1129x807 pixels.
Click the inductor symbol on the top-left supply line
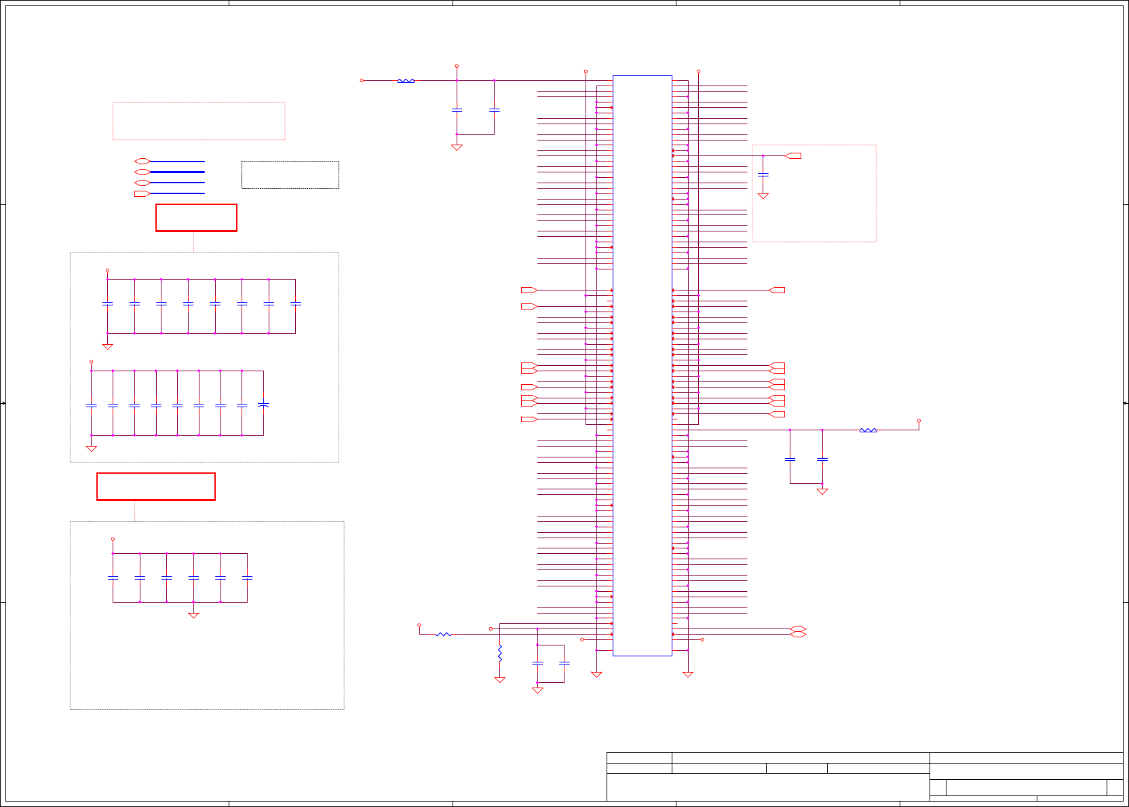[x=406, y=81]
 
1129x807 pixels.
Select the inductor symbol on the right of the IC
[x=868, y=430]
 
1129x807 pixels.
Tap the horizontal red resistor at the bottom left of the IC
[x=443, y=635]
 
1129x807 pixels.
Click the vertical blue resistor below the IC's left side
[x=500, y=654]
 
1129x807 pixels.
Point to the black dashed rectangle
[x=290, y=174]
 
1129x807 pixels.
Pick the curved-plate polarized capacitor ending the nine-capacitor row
[x=263, y=405]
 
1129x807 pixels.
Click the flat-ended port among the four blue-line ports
[x=142, y=193]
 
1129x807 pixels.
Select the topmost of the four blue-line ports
[x=142, y=162]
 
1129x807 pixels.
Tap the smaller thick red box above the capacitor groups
[x=196, y=218]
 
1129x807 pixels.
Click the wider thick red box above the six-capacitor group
[x=156, y=487]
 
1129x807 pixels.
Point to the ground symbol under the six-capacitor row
[x=193, y=615]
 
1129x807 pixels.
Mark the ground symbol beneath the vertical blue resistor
[x=500, y=679]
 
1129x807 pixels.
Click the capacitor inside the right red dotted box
[x=763, y=174]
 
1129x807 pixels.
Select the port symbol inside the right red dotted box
[x=793, y=156]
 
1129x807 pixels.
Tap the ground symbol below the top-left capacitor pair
[x=457, y=147]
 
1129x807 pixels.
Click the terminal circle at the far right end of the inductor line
[x=919, y=421]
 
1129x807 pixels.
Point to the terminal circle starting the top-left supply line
[x=362, y=81]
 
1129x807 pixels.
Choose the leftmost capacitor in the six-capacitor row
[x=113, y=578]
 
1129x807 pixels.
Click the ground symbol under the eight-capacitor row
[x=107, y=346]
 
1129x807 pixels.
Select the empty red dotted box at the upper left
[x=199, y=121]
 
